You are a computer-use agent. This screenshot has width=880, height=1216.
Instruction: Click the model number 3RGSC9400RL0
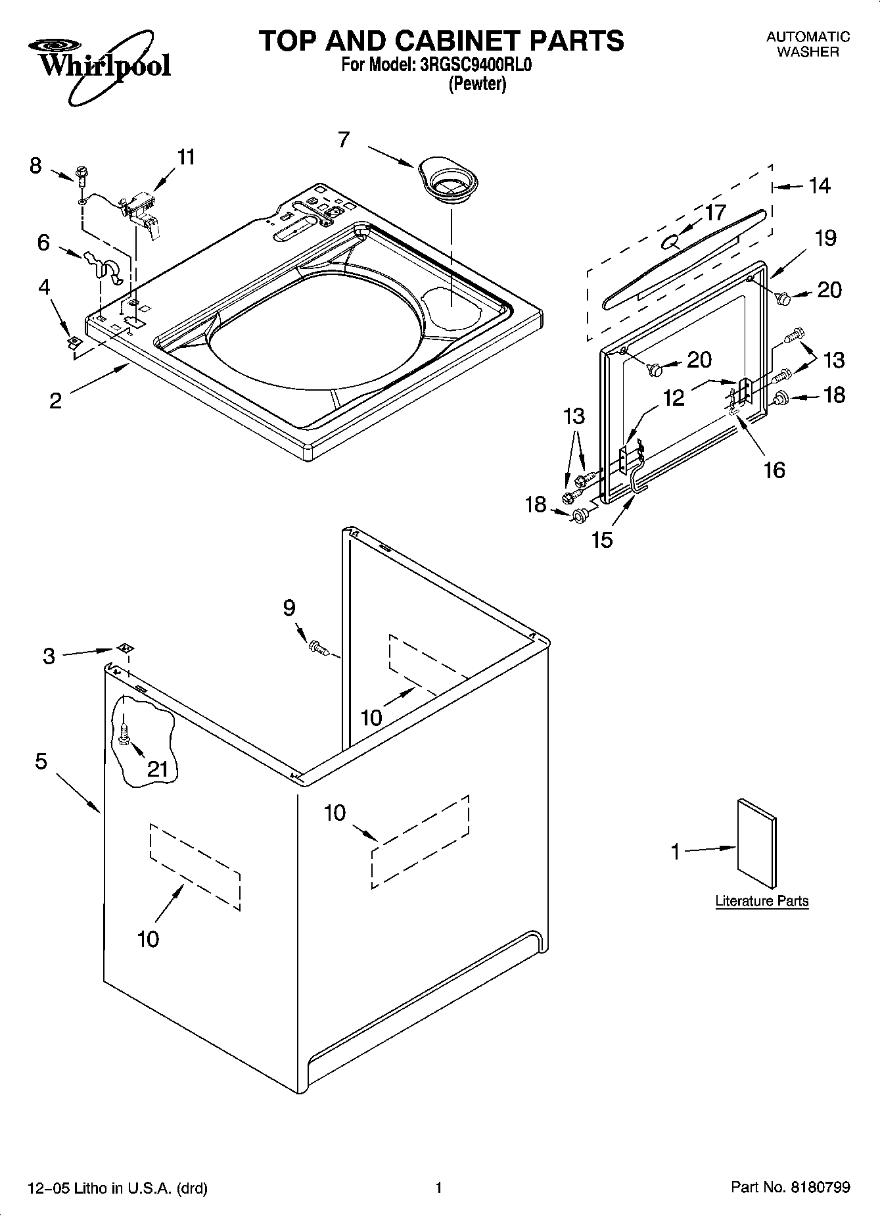pos(470,66)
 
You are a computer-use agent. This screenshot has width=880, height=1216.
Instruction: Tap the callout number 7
pos(344,139)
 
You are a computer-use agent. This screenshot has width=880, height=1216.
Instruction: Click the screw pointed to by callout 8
pos(81,176)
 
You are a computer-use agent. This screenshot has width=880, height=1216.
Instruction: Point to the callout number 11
pos(186,157)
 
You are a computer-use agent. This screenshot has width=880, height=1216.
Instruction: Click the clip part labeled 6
pos(104,266)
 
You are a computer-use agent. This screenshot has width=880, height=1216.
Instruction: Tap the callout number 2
pos(55,401)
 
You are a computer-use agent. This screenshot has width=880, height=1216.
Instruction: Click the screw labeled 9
pos(318,647)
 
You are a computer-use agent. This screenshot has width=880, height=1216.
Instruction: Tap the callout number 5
pos(41,762)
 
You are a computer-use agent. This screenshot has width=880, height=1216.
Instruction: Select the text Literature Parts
pos(762,901)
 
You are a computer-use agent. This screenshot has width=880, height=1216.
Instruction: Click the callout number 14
pos(820,186)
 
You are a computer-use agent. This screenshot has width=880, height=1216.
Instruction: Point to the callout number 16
pos(775,470)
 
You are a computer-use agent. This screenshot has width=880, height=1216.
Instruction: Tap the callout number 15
pos(602,539)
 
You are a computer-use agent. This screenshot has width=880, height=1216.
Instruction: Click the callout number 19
pos(825,238)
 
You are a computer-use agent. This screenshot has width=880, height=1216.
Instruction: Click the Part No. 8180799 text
pos(791,1187)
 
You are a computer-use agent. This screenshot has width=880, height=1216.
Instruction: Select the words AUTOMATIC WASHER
pos(808,44)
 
